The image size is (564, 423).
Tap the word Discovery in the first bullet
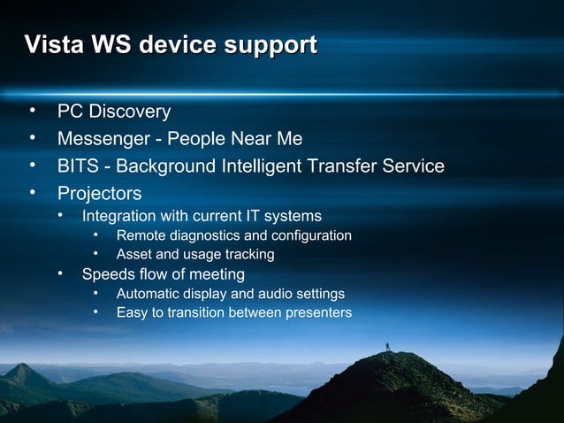click(129, 112)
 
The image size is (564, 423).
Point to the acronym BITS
click(78, 165)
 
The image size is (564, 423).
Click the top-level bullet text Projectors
click(99, 192)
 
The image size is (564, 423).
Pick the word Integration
click(118, 216)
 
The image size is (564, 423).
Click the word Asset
click(134, 255)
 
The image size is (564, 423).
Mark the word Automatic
click(148, 294)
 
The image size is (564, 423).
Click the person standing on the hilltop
click(386, 342)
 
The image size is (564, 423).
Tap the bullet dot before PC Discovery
click(32, 112)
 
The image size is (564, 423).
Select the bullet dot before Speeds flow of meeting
click(62, 274)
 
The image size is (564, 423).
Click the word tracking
click(248, 255)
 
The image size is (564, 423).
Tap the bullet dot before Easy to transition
click(96, 312)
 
